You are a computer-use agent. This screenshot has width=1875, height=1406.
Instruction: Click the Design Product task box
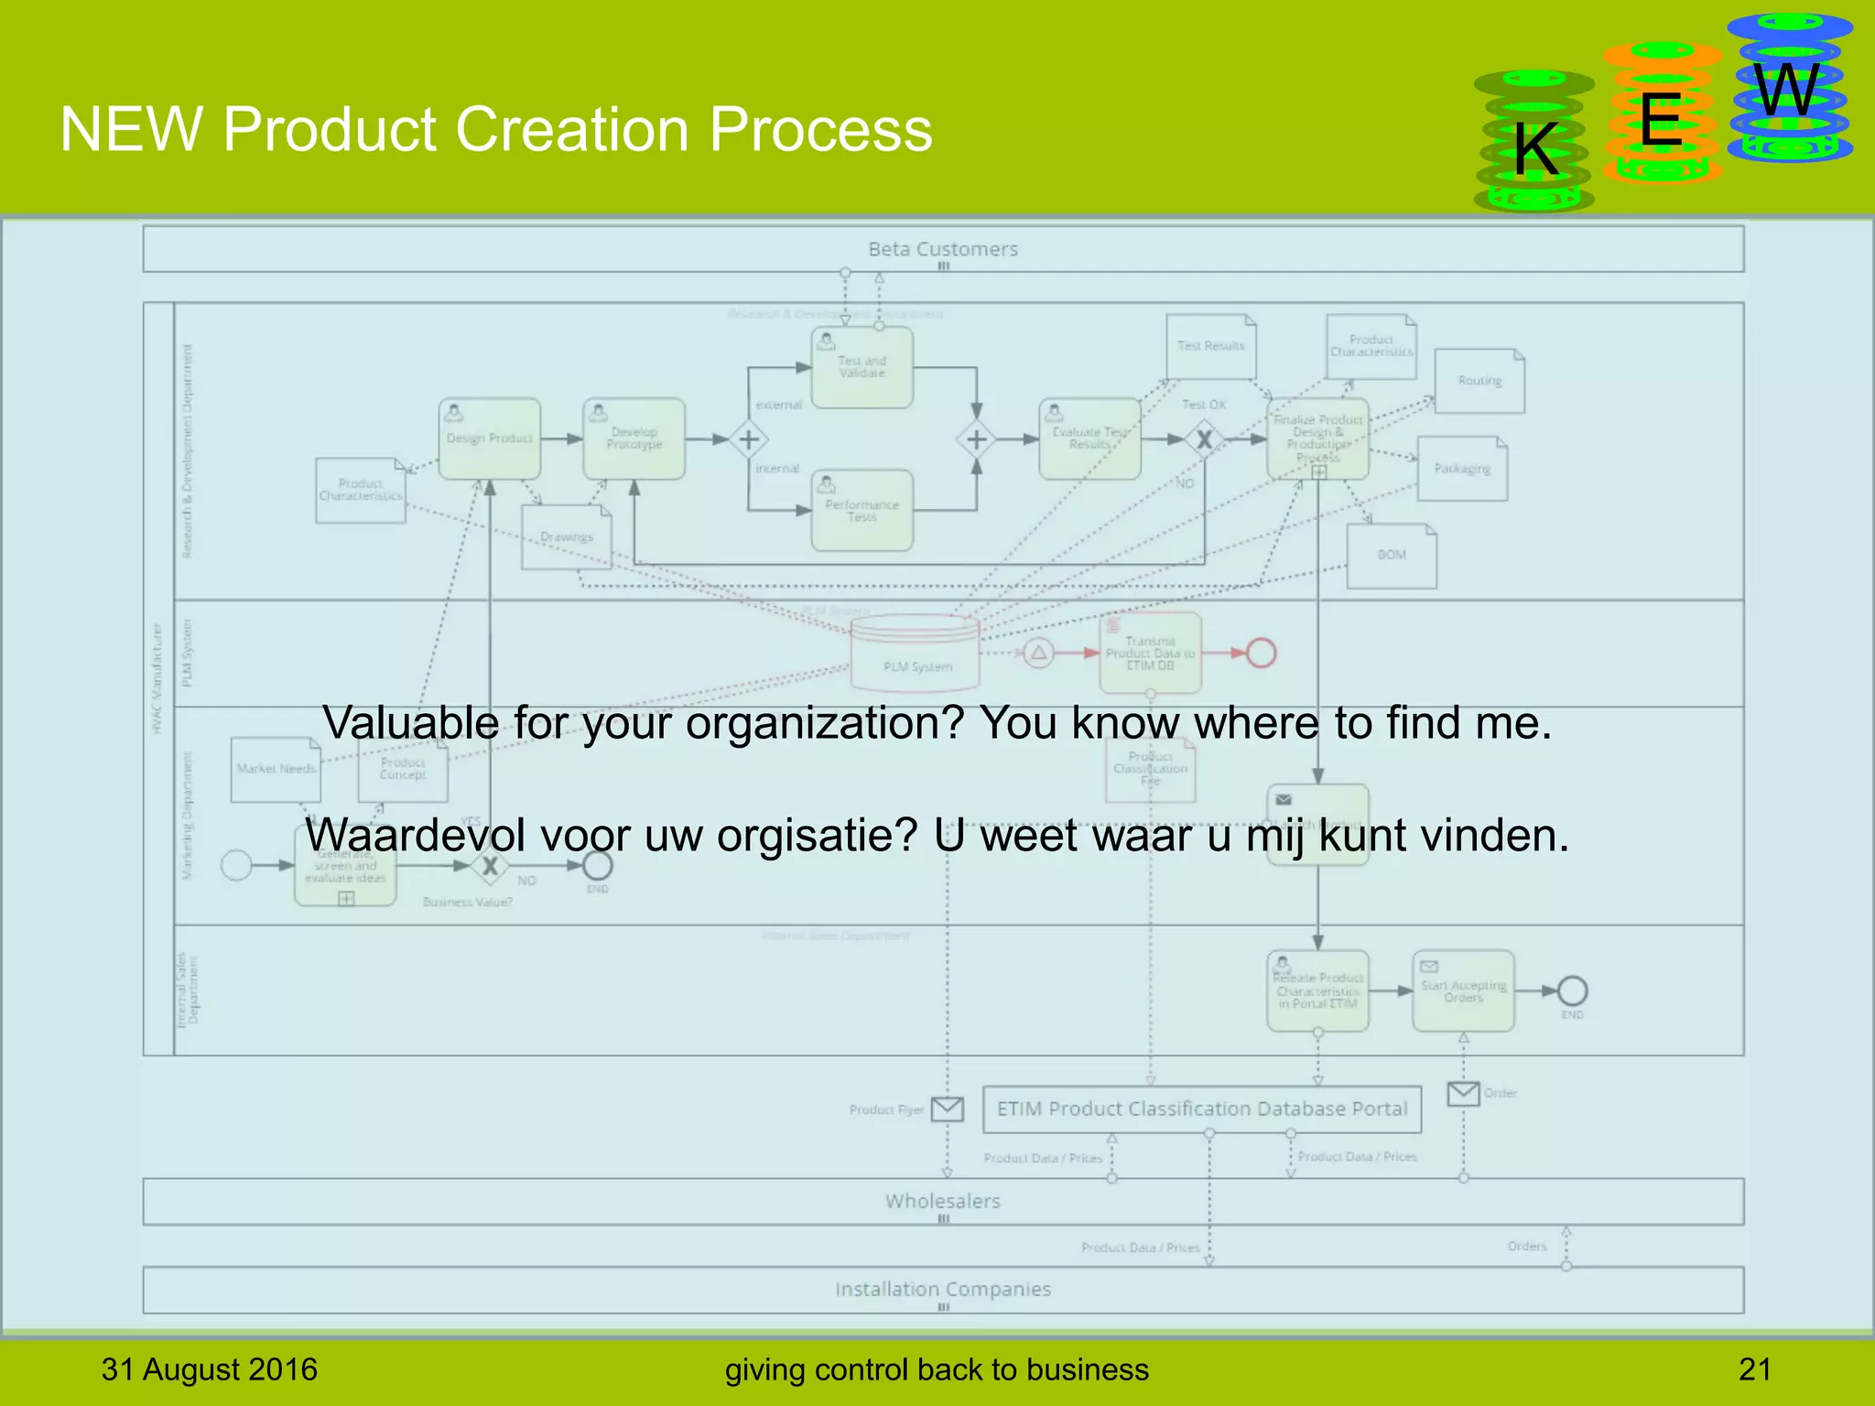coord(489,438)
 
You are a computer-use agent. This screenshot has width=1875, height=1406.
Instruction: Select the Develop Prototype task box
coord(634,438)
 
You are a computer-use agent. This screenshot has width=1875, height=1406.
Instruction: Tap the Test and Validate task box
coord(862,367)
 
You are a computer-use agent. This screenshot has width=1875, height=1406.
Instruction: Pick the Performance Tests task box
coord(862,511)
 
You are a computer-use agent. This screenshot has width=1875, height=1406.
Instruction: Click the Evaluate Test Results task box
coord(1089,438)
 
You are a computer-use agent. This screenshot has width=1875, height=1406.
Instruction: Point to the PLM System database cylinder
coord(916,652)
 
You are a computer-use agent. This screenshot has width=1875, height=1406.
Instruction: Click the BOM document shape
coord(1392,556)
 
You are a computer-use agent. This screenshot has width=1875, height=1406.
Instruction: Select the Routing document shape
coord(1479,381)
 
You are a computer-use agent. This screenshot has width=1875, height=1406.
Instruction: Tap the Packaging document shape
coord(1462,469)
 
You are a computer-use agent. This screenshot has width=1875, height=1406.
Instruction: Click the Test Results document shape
coord(1210,346)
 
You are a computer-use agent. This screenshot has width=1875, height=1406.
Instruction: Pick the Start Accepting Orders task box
coord(1463,991)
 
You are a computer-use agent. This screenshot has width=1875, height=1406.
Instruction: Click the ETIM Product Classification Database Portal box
coord(1201,1109)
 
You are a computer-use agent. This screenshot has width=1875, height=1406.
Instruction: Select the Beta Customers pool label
coord(943,249)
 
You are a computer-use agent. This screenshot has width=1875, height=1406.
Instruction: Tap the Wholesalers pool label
coord(943,1201)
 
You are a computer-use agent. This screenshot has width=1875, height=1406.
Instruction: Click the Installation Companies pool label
coord(943,1289)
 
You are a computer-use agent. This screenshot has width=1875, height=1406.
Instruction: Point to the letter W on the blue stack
coord(1787,91)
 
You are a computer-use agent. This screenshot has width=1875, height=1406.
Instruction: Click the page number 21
coord(1754,1369)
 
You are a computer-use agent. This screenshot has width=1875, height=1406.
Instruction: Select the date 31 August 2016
coord(209,1369)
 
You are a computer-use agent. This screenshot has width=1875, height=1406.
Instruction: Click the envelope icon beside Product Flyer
coord(947,1109)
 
